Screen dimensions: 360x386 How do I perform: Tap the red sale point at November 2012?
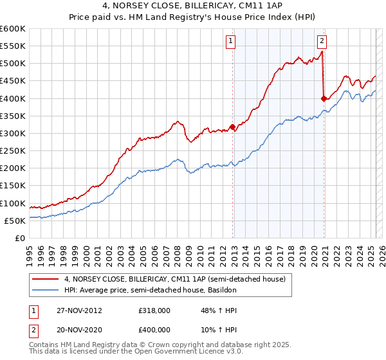coord(232,127)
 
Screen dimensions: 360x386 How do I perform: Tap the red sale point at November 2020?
coord(324,98)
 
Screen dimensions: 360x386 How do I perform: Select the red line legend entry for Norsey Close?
coord(178,278)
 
